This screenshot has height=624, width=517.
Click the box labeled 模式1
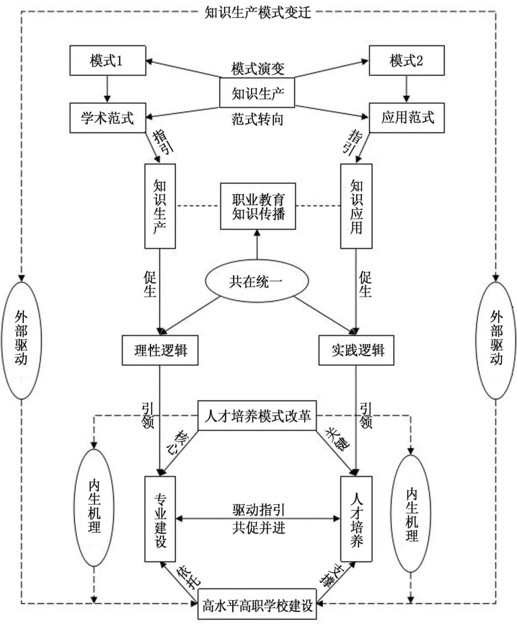[107, 60]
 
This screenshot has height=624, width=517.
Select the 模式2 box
[406, 60]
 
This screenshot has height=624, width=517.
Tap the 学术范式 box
[107, 117]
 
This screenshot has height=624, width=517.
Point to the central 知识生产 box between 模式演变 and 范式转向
[257, 93]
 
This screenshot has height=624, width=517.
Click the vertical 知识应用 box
[356, 206]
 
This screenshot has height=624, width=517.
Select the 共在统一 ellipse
[257, 281]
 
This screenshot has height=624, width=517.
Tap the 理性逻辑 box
[160, 351]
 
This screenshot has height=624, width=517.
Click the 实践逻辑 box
[357, 351]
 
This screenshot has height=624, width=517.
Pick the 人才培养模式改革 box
[257, 415]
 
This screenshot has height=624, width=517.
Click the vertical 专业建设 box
[160, 519]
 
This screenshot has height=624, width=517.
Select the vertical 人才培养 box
[356, 519]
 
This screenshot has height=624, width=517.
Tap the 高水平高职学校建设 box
[257, 605]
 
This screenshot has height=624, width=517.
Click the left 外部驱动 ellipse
[22, 340]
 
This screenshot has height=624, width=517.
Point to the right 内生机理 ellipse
[411, 514]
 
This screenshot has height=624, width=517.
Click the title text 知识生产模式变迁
[258, 11]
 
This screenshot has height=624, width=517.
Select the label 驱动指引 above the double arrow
[258, 510]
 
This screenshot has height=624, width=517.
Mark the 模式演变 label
[258, 69]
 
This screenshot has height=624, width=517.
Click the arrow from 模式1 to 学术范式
[107, 89]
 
